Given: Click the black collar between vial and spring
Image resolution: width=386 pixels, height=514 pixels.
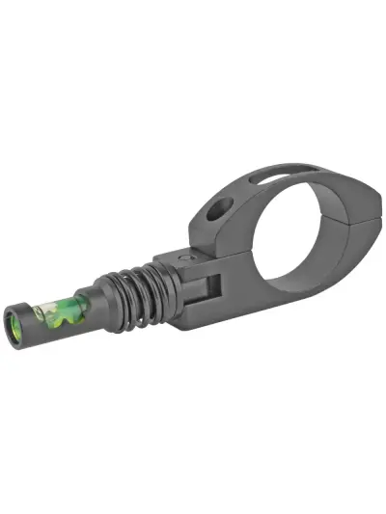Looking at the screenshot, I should pyautogui.click(x=102, y=305).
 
